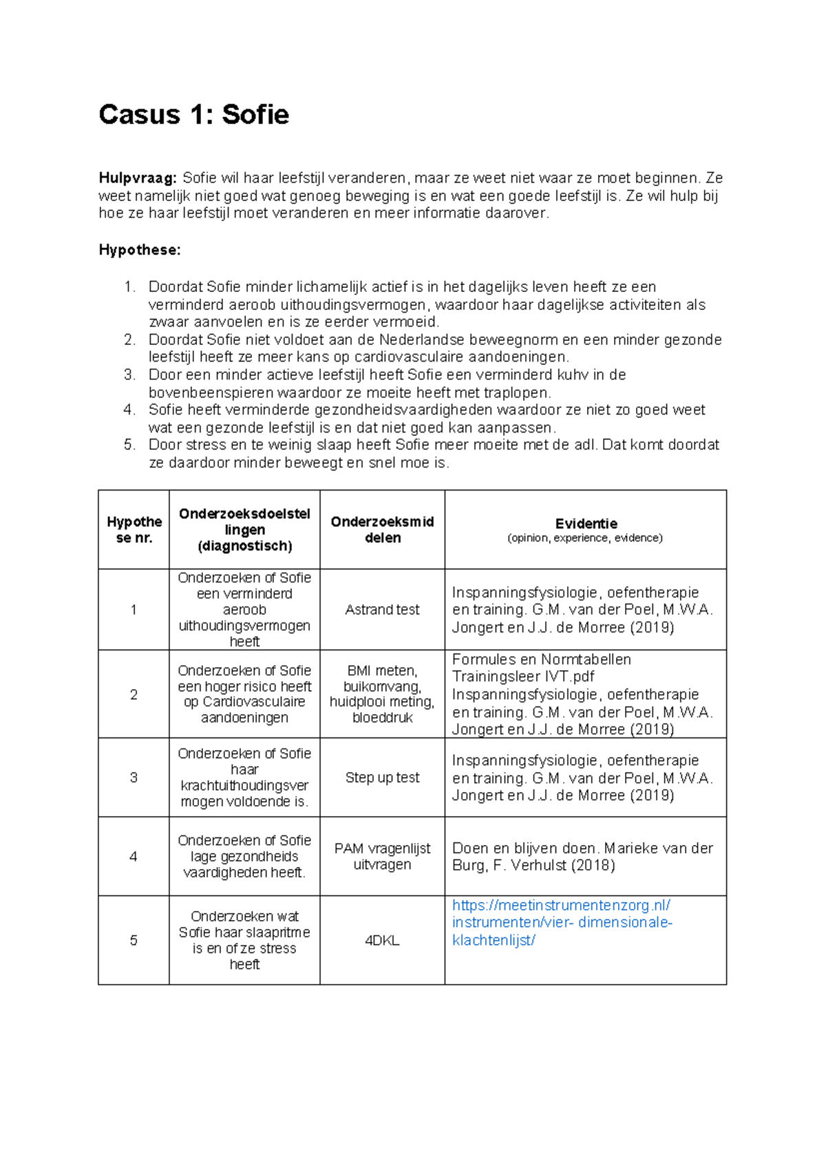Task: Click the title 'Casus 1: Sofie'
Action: coord(193,114)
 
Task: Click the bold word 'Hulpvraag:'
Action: coord(138,178)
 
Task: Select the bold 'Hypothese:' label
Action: coord(140,250)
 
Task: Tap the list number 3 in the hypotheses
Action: coord(129,375)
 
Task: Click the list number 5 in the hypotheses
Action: coord(129,445)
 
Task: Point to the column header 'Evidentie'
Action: coord(586,523)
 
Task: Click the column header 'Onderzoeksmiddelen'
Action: coord(382,530)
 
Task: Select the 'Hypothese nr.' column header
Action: coord(134,530)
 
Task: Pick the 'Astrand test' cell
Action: coord(382,609)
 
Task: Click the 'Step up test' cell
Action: coord(382,778)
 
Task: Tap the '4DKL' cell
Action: coord(382,941)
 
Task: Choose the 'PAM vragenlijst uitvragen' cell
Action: coord(382,856)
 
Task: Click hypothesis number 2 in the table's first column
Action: coord(134,694)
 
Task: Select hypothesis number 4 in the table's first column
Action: coord(134,856)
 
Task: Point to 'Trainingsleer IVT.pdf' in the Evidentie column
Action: coord(523,677)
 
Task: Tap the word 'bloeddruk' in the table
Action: coord(382,718)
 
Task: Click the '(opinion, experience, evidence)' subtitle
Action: coord(585,539)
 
